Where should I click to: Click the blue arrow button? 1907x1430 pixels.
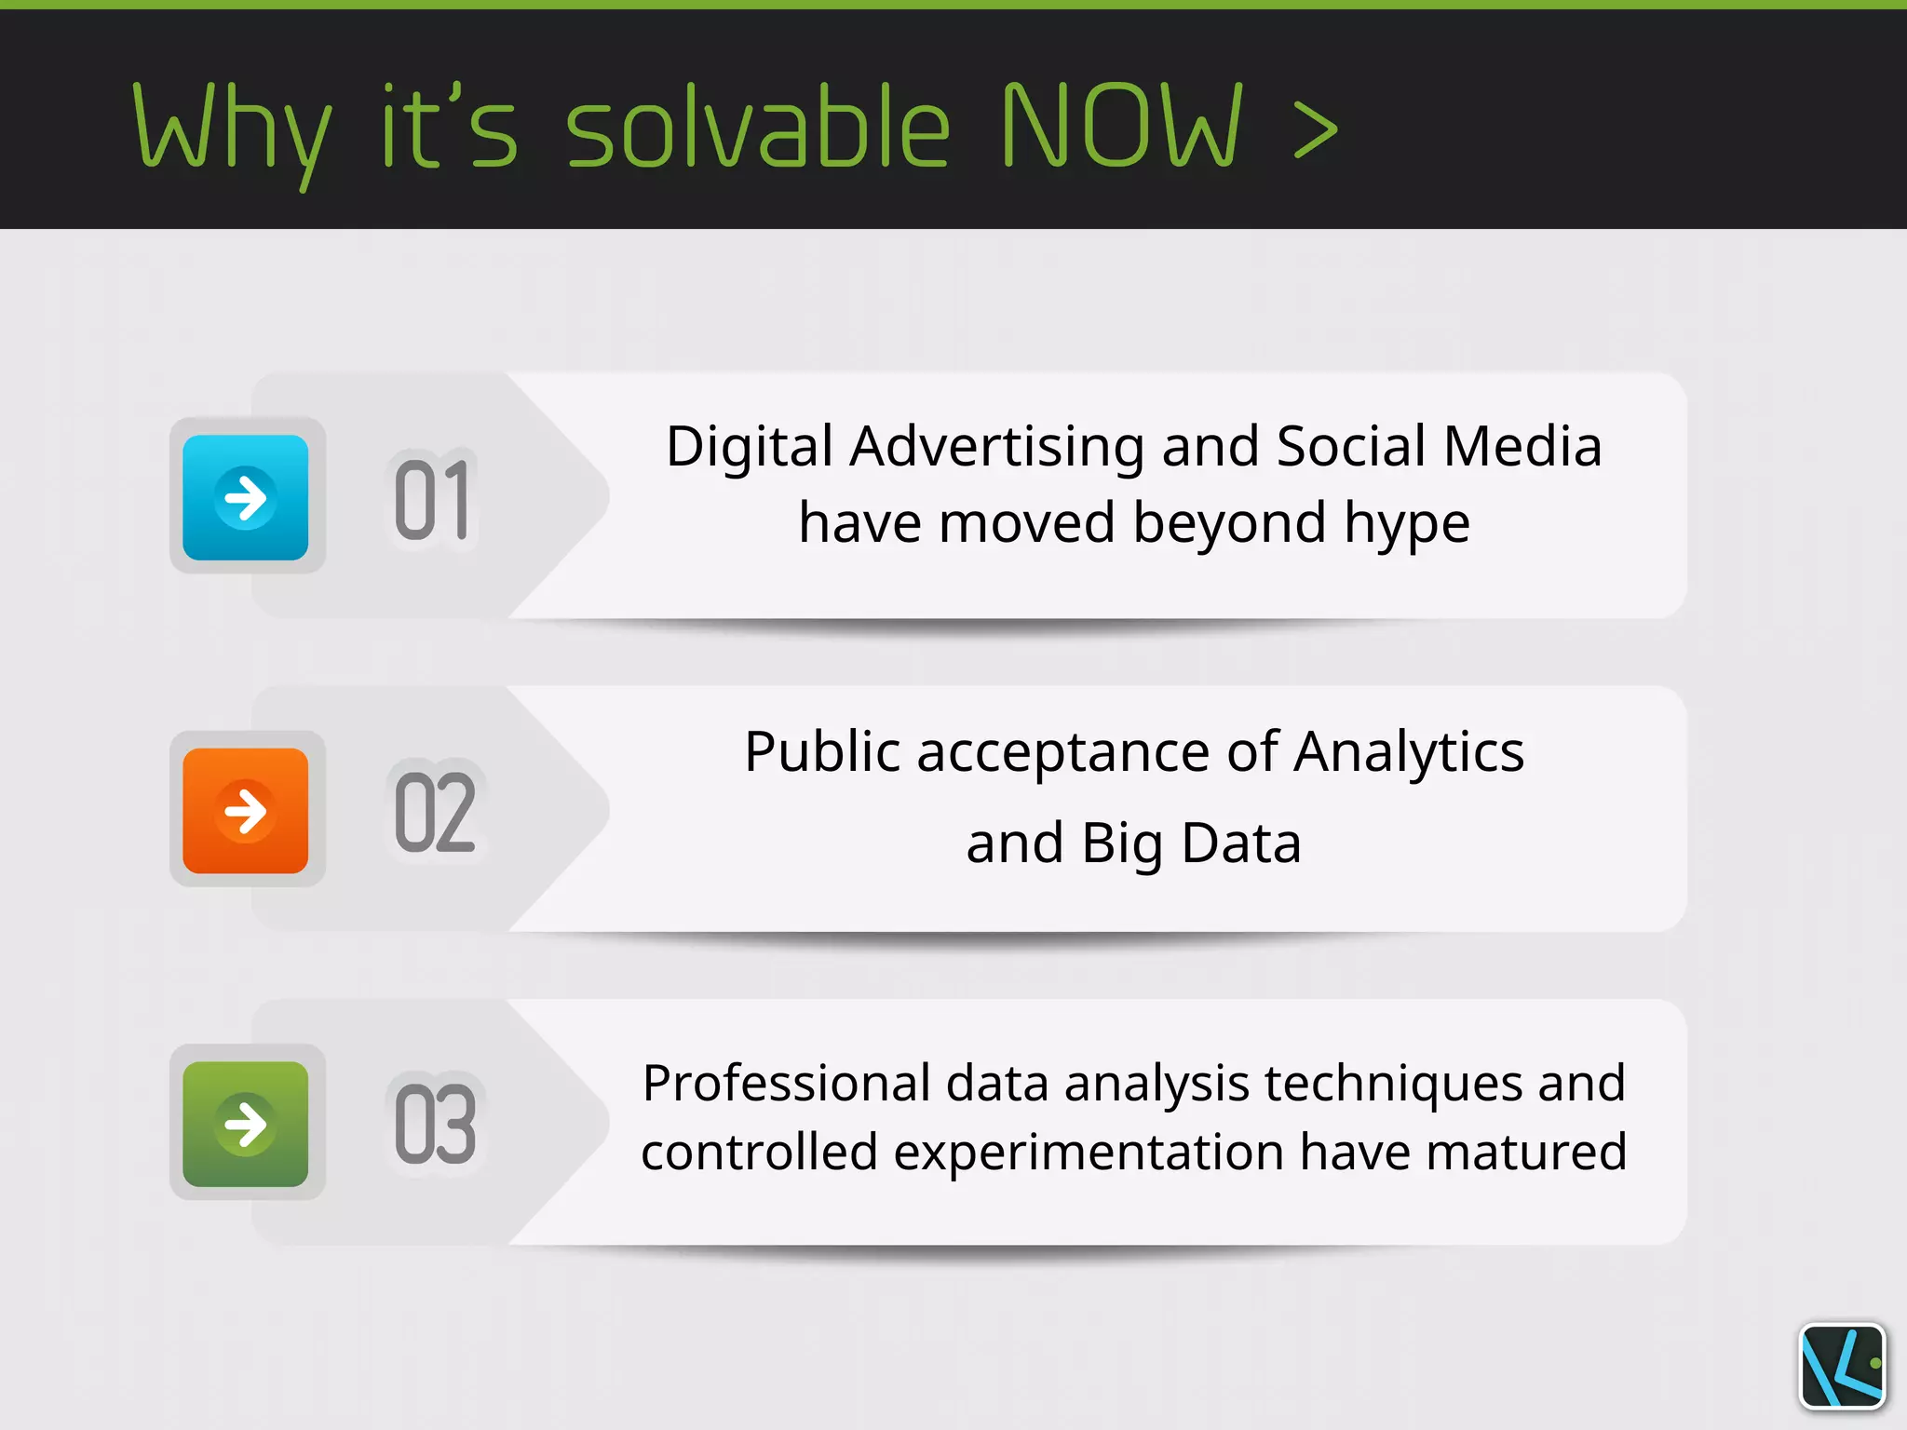(x=245, y=497)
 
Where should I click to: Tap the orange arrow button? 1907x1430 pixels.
(x=245, y=810)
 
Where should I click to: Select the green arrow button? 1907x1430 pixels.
(x=245, y=1124)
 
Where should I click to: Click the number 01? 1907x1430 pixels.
(x=432, y=500)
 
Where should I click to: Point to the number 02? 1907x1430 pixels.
(x=435, y=813)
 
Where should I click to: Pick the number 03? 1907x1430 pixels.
(x=435, y=1125)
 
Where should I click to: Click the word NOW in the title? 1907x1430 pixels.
(x=1121, y=127)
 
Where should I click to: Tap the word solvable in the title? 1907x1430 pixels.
(x=758, y=127)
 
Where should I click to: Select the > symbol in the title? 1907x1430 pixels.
(x=1316, y=131)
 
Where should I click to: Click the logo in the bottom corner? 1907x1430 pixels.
(x=1843, y=1366)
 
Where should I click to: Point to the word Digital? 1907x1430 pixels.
(x=750, y=446)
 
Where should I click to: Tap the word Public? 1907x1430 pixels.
(x=823, y=751)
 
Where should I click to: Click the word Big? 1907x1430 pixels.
(x=1122, y=843)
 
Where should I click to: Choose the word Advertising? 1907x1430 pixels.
(x=997, y=447)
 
